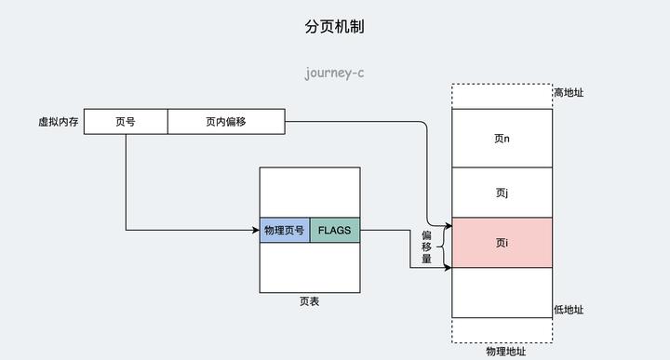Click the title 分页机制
click(x=334, y=27)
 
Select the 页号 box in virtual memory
click(x=126, y=122)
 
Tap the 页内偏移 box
click(x=226, y=122)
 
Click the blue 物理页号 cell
click(x=285, y=230)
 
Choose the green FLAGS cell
click(x=334, y=230)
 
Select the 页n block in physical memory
click(x=502, y=139)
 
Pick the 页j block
click(x=502, y=193)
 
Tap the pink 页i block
click(x=502, y=243)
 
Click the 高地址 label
click(x=569, y=93)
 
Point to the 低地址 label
click(x=569, y=310)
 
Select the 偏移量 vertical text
click(x=426, y=247)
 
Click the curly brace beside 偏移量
click(x=441, y=247)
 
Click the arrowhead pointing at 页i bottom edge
click(x=447, y=268)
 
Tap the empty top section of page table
click(x=310, y=193)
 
